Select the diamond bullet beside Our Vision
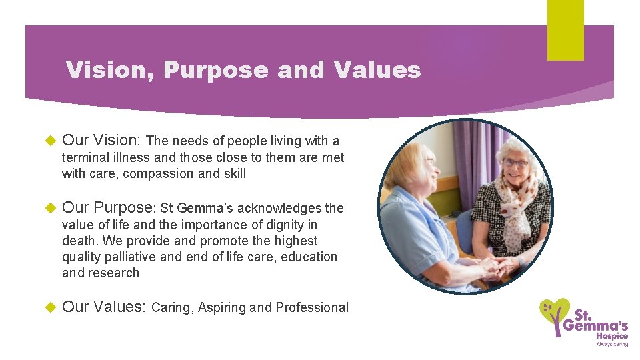tap(48, 141)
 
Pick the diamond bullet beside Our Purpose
tap(48, 209)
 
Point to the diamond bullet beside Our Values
tap(48, 307)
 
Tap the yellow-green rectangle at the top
tap(565, 29)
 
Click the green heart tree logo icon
tap(553, 317)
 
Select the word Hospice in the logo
tap(613, 336)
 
